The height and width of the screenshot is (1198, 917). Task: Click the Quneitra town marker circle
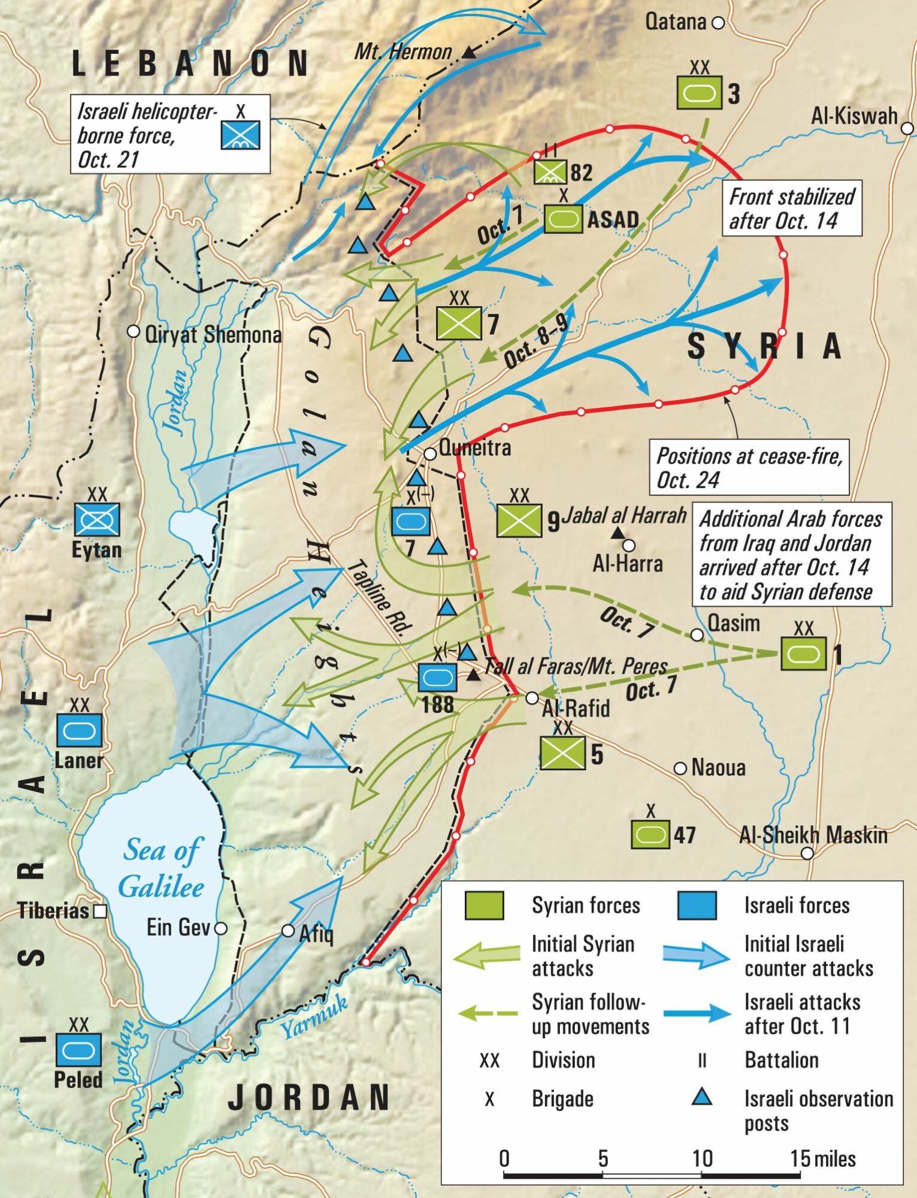(430, 454)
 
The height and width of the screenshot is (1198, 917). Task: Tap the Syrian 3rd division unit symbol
(699, 93)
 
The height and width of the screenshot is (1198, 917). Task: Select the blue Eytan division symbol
(97, 519)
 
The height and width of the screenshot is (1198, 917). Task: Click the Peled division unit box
(78, 1050)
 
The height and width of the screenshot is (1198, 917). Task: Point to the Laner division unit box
(79, 730)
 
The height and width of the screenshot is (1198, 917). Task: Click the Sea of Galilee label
(162, 868)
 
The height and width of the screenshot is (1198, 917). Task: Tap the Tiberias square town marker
(101, 911)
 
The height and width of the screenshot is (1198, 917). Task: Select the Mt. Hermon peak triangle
(470, 53)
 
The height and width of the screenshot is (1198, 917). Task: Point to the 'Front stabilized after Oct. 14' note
(791, 208)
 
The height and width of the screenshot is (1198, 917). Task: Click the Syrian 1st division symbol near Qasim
(803, 654)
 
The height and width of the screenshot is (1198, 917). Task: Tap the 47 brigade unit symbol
(650, 834)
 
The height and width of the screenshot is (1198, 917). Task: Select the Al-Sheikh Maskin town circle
(807, 853)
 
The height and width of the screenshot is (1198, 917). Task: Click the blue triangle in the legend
(701, 1097)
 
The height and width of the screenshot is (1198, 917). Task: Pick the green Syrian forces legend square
(484, 905)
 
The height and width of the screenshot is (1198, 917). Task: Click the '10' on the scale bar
(701, 1158)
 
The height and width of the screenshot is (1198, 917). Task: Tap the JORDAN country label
(309, 1097)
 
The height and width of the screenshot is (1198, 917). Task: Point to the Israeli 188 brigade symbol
(437, 678)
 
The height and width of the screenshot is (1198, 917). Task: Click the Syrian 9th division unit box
(519, 520)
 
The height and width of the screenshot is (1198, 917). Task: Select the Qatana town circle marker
(718, 23)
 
